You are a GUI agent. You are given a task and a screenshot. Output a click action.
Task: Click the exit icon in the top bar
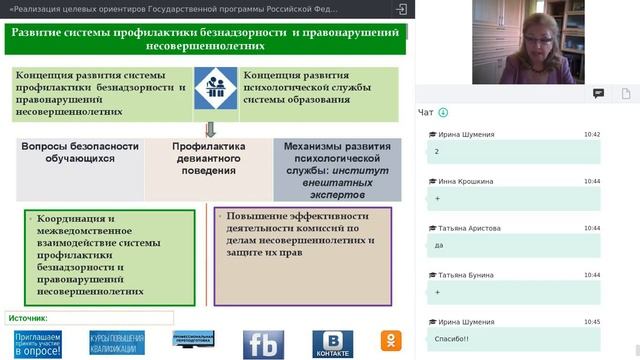pos(401,8)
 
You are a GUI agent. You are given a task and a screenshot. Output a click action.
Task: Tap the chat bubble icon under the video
pos(598,93)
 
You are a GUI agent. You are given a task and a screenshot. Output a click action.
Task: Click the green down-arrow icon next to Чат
pos(443,112)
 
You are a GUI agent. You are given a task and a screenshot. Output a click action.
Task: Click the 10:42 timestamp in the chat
pos(591,134)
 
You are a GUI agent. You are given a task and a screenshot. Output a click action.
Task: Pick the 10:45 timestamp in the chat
pos(591,322)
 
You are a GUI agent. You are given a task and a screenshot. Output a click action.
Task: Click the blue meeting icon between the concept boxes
pos(215,92)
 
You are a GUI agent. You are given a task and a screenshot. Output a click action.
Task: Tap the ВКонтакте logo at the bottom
pos(333,345)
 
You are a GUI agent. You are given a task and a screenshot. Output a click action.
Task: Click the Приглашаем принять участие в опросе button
pos(37,345)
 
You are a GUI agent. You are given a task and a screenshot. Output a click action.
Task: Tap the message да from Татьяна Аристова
pos(440,245)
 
